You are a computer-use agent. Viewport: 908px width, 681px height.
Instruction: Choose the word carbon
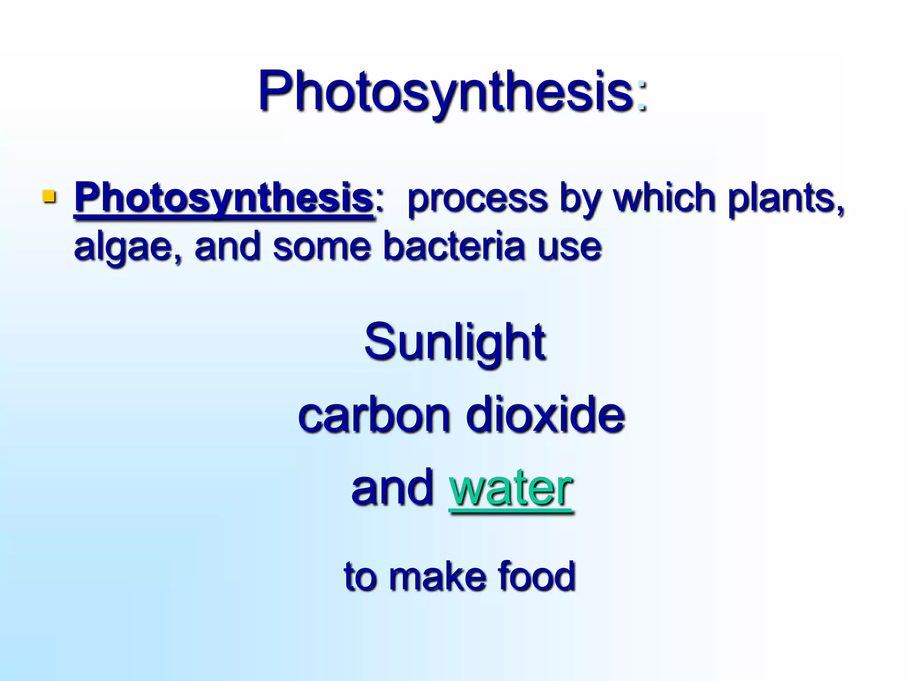tap(374, 415)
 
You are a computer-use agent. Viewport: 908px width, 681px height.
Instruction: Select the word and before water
tap(392, 487)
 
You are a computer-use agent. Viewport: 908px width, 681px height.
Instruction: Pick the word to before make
tap(360, 576)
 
